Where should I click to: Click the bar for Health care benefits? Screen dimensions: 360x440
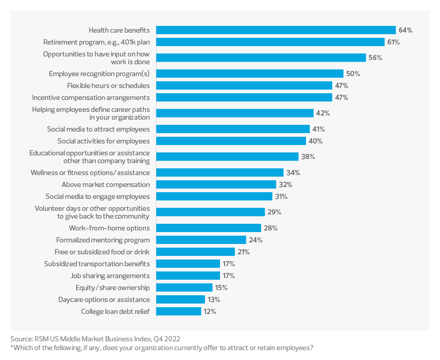[x=276, y=30]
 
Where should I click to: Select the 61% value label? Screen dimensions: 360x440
[x=393, y=42]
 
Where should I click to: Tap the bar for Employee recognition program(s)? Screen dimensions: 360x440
[x=250, y=74]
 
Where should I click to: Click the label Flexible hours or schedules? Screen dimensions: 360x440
[x=108, y=85]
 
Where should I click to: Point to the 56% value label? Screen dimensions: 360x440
[x=375, y=58]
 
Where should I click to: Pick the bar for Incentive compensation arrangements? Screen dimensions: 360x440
[x=244, y=97]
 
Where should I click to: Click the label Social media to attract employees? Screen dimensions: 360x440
[x=98, y=129]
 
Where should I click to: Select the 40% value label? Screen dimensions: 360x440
[x=315, y=141]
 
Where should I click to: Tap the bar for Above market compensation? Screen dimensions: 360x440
[x=216, y=184]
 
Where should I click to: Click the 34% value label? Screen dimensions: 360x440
[x=293, y=172]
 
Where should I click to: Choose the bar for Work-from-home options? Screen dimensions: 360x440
[x=209, y=228]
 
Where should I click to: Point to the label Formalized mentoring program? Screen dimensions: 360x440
[x=102, y=240]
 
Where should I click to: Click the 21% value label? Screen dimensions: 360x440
[x=243, y=252]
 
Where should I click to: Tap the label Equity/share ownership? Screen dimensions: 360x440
[x=112, y=287]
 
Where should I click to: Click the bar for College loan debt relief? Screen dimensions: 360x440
[x=179, y=311]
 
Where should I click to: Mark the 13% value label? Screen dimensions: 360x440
[x=213, y=299]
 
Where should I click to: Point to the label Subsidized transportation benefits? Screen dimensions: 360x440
[x=97, y=264]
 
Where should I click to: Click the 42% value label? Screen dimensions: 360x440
[x=322, y=113]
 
